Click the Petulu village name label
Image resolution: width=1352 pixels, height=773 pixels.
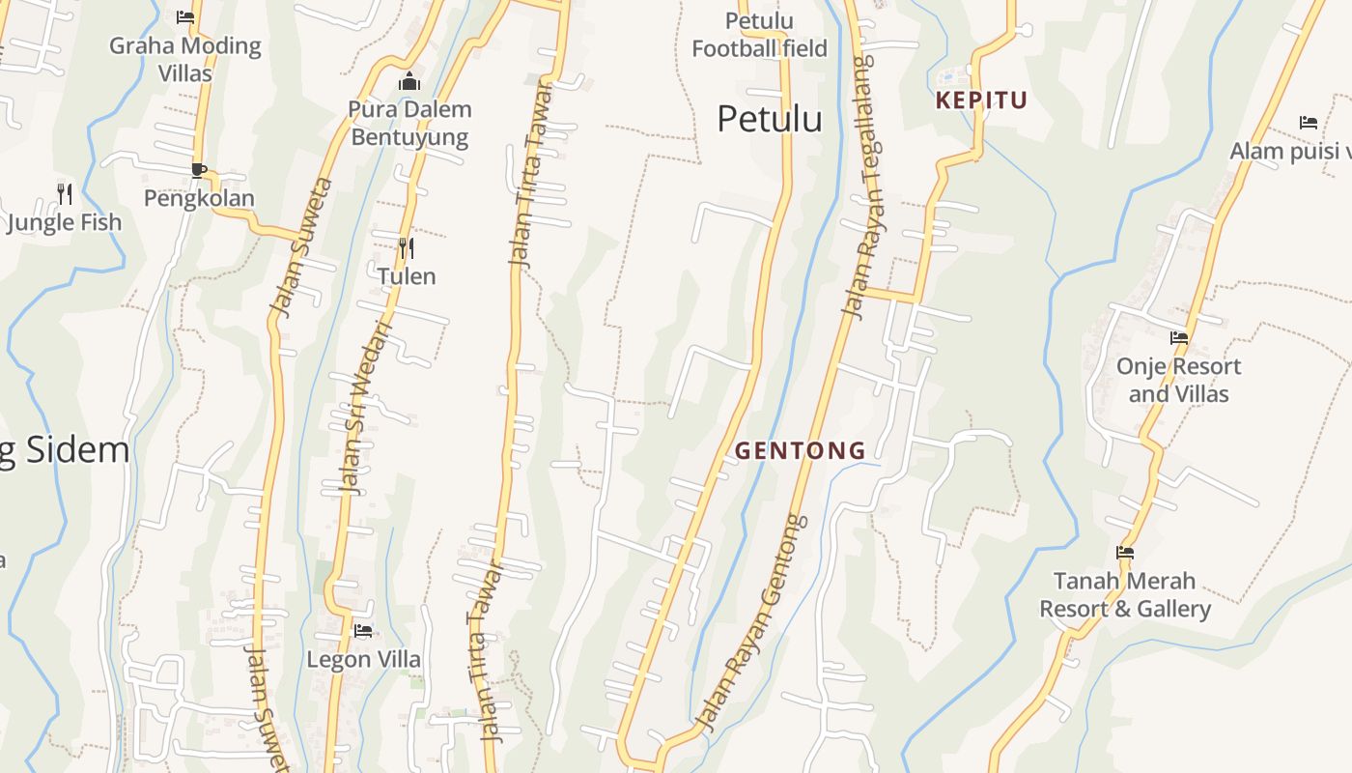coord(770,119)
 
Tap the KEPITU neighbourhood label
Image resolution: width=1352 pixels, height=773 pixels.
coord(981,100)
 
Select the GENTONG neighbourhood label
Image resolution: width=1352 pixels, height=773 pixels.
coord(800,450)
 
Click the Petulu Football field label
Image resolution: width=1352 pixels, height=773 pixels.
coord(759,35)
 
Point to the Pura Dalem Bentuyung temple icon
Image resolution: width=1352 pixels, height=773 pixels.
coord(409,81)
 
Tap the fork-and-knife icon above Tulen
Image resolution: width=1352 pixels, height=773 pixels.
coord(407,248)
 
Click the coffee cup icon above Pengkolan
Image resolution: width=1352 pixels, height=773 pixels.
coord(199,170)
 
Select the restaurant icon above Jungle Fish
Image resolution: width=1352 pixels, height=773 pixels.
coord(65,194)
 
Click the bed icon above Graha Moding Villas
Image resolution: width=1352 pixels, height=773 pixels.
coord(185,17)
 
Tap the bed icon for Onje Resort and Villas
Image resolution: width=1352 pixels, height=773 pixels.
coord(1179,338)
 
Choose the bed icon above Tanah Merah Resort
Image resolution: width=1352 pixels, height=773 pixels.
coord(1125,553)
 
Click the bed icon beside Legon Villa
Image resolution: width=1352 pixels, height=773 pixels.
coord(363,631)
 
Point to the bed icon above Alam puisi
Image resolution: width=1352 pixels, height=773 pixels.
coord(1309,123)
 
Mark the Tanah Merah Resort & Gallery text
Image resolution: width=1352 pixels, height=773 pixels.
coord(1124,595)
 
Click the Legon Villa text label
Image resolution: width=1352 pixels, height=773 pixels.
coord(363,660)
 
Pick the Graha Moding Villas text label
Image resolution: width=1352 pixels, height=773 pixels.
coord(184,59)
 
